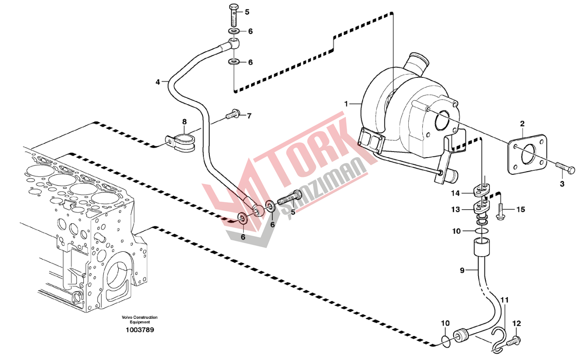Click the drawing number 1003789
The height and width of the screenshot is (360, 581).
140,330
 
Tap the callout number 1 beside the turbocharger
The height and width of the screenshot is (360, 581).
346,104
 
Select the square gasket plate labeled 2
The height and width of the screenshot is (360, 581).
528,154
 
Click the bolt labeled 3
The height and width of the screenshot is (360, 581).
564,168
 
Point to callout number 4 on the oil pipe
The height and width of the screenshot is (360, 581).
157,82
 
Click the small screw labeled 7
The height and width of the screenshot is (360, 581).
232,114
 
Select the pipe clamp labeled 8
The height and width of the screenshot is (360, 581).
180,144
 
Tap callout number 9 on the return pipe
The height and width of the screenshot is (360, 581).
462,271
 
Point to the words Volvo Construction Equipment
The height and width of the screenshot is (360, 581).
140,320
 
